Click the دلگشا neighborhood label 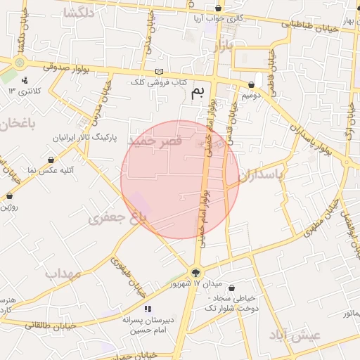(x=79, y=13)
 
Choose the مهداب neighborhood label (x=63, y=273)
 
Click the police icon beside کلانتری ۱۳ (x=25, y=81)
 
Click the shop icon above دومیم (x=251, y=84)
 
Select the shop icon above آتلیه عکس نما (x=51, y=159)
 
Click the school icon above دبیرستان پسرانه (x=147, y=309)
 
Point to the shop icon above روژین (x=10, y=196)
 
